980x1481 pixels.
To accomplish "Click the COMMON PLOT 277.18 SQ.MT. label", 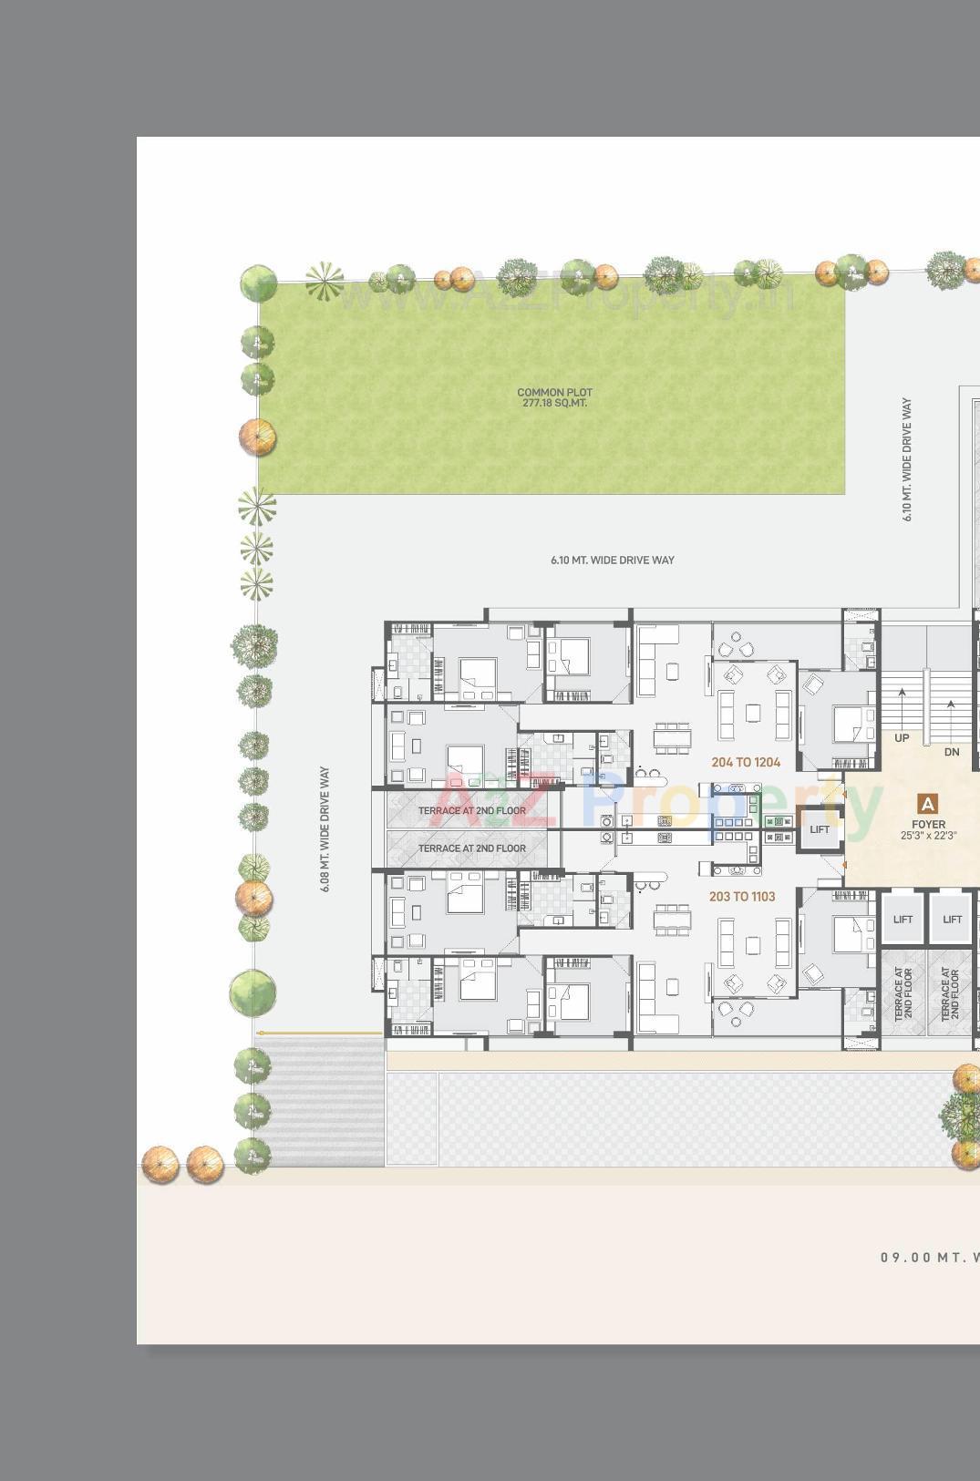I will (554, 397).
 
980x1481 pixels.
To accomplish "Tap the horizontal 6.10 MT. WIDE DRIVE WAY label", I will (612, 560).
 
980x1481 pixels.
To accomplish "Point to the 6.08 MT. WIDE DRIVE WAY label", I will (325, 828).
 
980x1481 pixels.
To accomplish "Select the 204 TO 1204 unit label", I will (746, 762).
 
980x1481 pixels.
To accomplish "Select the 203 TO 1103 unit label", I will (742, 897).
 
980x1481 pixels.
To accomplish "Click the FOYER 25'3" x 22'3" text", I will (928, 829).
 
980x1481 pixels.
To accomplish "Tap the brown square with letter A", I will (927, 804).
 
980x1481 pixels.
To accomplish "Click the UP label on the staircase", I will (902, 738).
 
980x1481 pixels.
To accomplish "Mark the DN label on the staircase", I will (952, 752).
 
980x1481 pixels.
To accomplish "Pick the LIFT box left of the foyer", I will (820, 829).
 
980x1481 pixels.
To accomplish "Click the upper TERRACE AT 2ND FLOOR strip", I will (471, 810).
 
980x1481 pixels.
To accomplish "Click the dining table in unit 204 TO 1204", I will (672, 738).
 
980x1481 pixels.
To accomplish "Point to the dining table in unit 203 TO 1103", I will (672, 920).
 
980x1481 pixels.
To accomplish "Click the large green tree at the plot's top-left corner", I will (258, 283).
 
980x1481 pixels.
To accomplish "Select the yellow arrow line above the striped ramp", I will (319, 1033).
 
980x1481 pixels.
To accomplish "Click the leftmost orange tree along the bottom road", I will (160, 1164).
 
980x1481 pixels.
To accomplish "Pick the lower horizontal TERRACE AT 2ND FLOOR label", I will (471, 848).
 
